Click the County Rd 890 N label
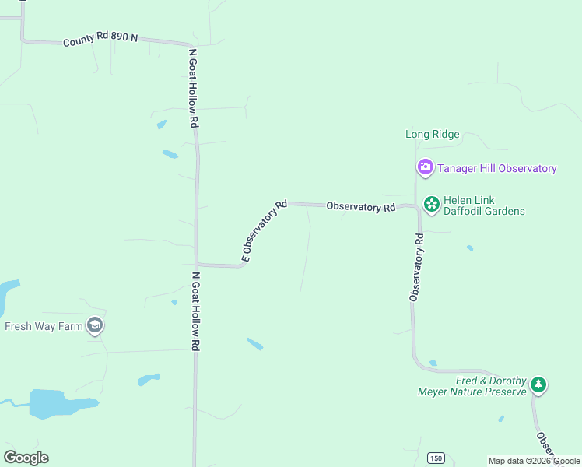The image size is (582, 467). point(100,38)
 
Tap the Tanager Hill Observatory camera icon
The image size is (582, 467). point(425,167)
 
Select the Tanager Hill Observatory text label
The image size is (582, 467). point(496,168)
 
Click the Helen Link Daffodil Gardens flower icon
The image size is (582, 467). point(430,204)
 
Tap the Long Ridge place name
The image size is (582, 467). point(433,135)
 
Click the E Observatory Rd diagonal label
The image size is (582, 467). point(265,230)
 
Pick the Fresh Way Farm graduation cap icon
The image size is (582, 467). point(95,326)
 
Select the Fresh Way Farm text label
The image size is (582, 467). point(44,326)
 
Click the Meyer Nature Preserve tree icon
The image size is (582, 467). point(538,384)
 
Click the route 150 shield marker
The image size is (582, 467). point(436,458)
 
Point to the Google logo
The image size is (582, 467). point(26,458)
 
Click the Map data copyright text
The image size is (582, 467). point(535,461)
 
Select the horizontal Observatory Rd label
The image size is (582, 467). point(361,207)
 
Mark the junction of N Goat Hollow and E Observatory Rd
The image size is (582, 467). point(196,265)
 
